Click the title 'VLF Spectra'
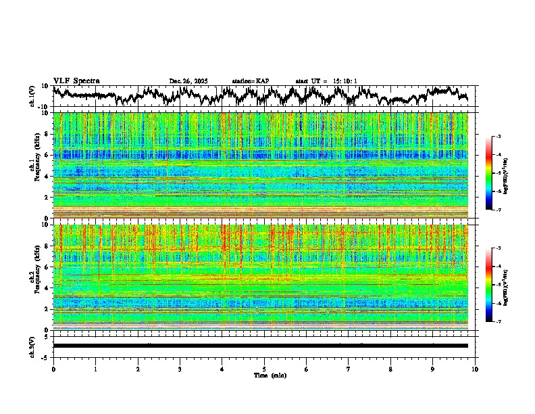click(x=76, y=81)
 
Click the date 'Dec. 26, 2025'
click(x=188, y=81)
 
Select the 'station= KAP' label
click(x=250, y=81)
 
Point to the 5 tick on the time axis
click(x=264, y=369)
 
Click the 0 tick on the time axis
click(x=53, y=369)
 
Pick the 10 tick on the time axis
click(x=475, y=369)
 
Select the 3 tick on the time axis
click(x=180, y=369)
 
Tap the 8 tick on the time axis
click(x=390, y=369)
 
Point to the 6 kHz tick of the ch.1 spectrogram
click(x=47, y=155)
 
